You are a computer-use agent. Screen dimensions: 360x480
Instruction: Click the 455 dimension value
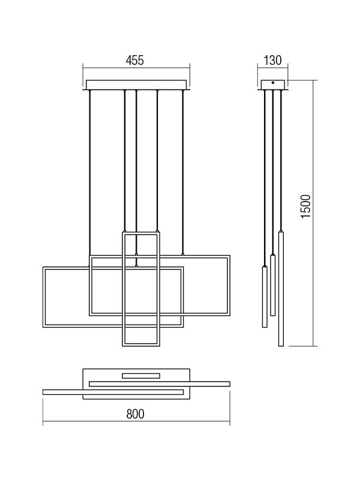[134, 61]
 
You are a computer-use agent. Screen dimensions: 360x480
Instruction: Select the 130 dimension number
[272, 61]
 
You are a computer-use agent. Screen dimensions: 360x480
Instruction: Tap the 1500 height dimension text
[306, 206]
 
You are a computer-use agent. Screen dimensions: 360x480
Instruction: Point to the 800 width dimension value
[135, 414]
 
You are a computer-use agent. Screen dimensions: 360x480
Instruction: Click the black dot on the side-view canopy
[272, 82]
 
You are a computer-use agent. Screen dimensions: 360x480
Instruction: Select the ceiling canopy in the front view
[136, 85]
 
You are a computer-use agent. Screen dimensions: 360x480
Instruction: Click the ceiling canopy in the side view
[273, 85]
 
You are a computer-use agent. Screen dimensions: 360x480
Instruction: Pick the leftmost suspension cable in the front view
[89, 172]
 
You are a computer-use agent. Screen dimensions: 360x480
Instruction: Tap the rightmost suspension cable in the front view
[183, 172]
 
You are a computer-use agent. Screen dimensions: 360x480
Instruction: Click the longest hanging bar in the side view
[281, 289]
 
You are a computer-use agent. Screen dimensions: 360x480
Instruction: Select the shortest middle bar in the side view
[273, 286]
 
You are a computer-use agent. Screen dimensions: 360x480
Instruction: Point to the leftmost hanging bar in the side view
[265, 297]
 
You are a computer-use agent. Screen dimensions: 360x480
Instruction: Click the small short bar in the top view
[141, 376]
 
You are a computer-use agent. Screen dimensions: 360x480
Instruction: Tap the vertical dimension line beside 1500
[313, 214]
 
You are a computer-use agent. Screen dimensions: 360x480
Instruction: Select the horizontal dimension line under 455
[136, 68]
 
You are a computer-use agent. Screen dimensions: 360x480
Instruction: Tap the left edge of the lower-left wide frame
[44, 297]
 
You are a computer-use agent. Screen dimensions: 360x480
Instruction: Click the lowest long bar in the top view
[113, 392]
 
